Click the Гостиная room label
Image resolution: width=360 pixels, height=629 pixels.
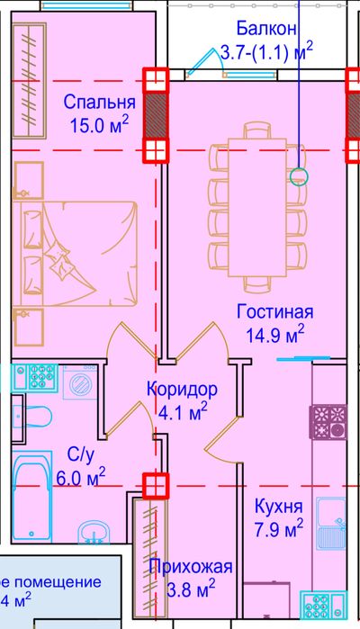coord(274,312)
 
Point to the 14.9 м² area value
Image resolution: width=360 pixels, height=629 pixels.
coord(275,335)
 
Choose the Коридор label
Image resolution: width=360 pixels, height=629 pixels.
coord(181,391)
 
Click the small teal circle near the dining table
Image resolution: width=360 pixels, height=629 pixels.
coord(300,177)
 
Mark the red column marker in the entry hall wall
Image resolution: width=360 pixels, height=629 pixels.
coord(156,485)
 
